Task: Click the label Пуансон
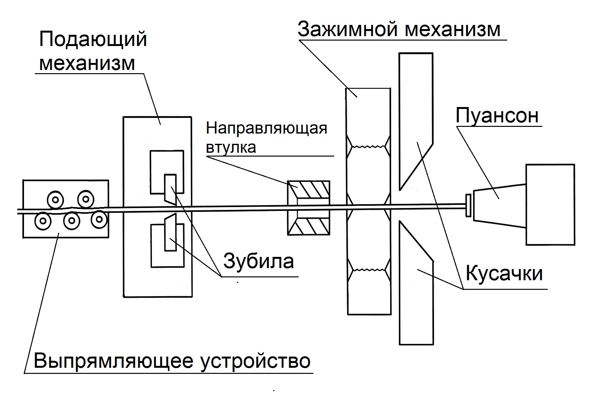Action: [497, 116]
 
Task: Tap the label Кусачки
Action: [504, 274]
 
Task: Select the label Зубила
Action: [258, 261]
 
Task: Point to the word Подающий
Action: [93, 40]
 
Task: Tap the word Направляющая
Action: [266, 128]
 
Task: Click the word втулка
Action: [231, 147]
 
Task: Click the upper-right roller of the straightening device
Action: [85, 199]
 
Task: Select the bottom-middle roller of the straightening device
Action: [72, 220]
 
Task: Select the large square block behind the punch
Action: [550, 204]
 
